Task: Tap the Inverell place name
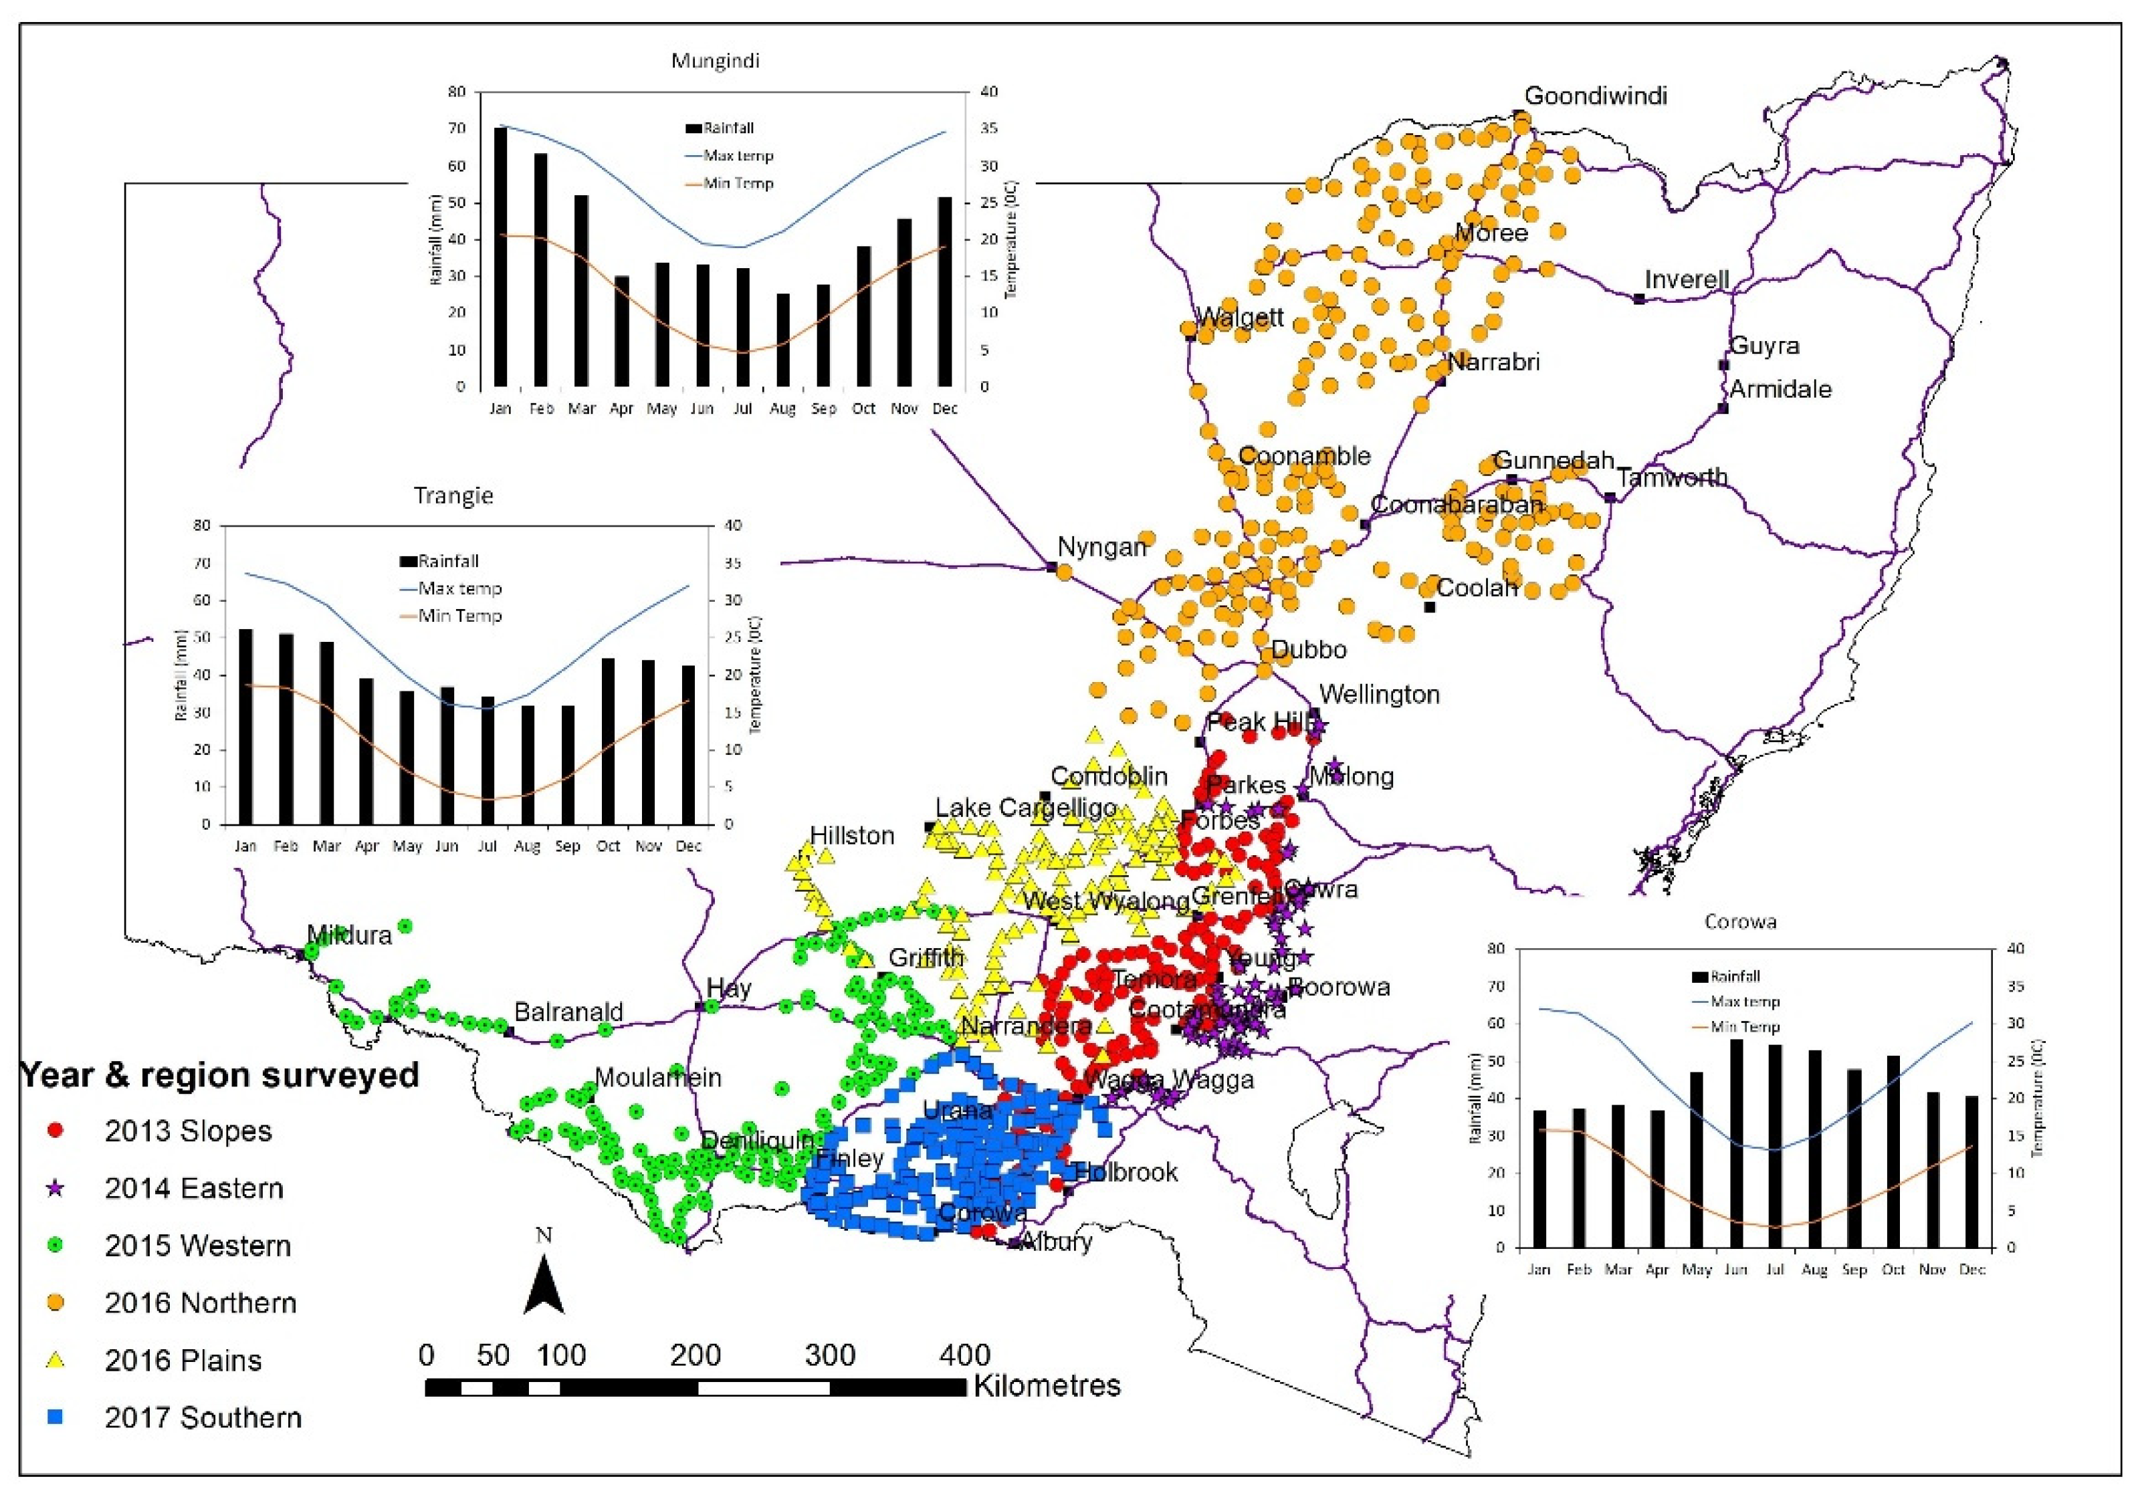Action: (x=1686, y=279)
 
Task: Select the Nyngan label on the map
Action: (x=1101, y=547)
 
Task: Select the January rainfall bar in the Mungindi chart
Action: (x=500, y=257)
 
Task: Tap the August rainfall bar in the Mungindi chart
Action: (x=783, y=340)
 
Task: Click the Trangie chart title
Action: (x=453, y=496)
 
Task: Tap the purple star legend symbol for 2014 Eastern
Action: (x=56, y=1188)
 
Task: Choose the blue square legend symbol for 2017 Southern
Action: (x=56, y=1417)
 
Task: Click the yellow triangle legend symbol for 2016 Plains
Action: (x=56, y=1360)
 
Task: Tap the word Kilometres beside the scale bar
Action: (x=1047, y=1386)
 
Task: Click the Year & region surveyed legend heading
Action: (x=219, y=1075)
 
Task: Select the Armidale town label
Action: (x=1780, y=389)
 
